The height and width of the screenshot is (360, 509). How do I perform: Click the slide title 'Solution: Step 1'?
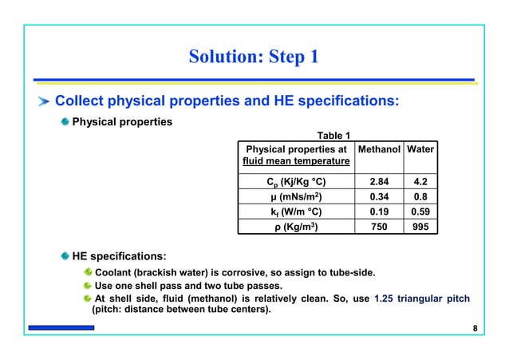point(254,57)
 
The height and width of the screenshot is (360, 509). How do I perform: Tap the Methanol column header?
point(378,148)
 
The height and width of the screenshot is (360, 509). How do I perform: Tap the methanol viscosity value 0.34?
point(378,196)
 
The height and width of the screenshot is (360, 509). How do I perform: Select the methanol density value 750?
point(378,227)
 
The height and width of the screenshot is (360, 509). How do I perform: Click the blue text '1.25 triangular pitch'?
point(421,299)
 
